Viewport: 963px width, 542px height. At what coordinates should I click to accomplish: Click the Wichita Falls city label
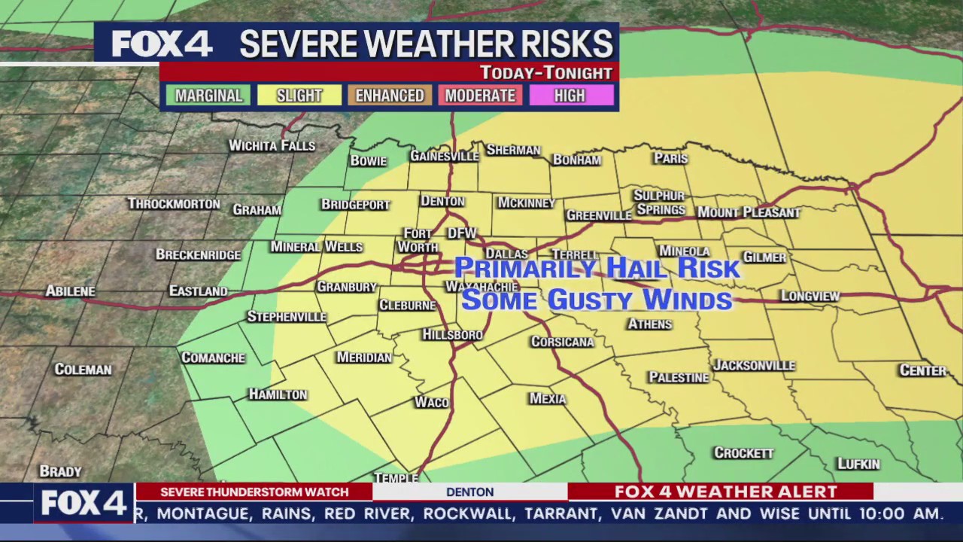click(272, 145)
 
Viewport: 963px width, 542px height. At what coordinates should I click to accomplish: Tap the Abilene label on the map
click(70, 291)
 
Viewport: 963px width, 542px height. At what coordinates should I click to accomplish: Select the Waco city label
click(432, 402)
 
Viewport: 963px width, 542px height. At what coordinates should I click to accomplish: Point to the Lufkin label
click(858, 464)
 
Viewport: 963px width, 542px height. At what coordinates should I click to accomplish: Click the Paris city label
click(670, 158)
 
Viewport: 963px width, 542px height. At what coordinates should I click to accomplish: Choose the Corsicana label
click(562, 342)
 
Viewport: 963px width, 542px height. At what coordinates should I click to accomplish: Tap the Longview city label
click(810, 296)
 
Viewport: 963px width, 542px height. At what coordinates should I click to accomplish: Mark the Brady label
click(60, 471)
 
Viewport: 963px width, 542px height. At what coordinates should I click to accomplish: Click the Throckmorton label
click(174, 204)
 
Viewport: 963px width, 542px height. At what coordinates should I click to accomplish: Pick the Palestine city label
click(679, 377)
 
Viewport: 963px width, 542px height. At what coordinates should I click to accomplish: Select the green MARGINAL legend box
click(208, 96)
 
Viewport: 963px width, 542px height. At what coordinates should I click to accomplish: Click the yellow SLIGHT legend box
click(299, 96)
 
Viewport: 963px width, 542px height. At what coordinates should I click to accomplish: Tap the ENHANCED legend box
click(390, 96)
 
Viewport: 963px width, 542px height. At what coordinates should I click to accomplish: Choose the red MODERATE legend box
click(480, 96)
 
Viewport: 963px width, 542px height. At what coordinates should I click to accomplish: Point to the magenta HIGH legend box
click(570, 96)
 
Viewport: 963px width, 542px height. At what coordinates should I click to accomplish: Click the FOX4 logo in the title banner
click(162, 44)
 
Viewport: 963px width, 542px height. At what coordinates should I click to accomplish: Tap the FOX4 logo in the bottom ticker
click(83, 503)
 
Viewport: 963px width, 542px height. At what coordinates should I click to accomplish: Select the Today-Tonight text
click(546, 73)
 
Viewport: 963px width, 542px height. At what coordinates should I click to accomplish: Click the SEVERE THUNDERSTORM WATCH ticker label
click(254, 492)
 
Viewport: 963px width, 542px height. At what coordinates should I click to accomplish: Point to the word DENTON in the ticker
click(469, 492)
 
